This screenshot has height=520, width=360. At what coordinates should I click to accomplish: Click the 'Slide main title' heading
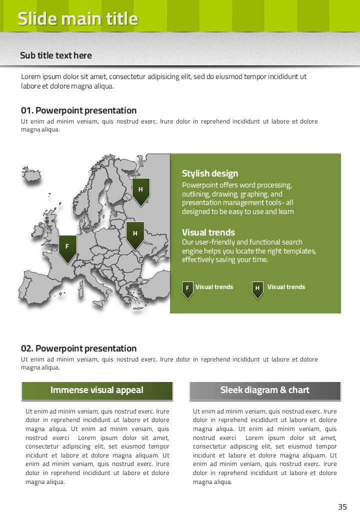point(77,19)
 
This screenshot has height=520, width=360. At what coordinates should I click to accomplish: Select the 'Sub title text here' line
point(56,55)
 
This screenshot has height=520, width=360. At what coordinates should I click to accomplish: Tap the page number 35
point(342,507)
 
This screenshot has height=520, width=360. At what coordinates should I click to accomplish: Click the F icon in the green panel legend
point(187,289)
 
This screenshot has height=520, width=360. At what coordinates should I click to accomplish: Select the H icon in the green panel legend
point(257,289)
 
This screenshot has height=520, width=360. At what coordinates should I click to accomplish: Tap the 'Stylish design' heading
point(210,173)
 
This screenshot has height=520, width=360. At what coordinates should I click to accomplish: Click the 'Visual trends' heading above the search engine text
point(208,232)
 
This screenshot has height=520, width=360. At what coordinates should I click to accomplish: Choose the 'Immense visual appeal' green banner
point(97,390)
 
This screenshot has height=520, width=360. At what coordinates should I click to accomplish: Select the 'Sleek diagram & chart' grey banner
point(265,390)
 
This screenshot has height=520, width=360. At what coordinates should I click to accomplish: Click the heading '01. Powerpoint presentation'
point(78,110)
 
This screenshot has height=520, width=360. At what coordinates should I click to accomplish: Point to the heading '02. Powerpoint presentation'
point(78,348)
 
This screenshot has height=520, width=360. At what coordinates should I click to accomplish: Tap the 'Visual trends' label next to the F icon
point(214,287)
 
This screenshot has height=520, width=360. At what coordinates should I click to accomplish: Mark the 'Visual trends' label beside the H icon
point(286,287)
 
